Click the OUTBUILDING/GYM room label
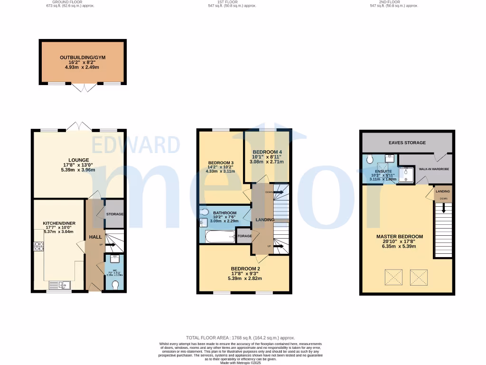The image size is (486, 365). [83, 58]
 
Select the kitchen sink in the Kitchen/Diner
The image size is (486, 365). [60, 285]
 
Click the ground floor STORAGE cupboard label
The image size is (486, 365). [114, 214]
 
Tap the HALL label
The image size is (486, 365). [96, 237]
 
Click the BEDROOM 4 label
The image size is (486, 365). [267, 152]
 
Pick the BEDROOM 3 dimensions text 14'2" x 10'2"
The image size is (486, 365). [221, 167]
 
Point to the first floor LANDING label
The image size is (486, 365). [265, 220]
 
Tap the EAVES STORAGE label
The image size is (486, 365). [407, 143]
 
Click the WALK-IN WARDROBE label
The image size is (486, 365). [433, 169]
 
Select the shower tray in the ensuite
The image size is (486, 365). [406, 174]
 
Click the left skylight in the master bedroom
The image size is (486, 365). [393, 275]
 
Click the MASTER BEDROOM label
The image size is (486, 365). [399, 236]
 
